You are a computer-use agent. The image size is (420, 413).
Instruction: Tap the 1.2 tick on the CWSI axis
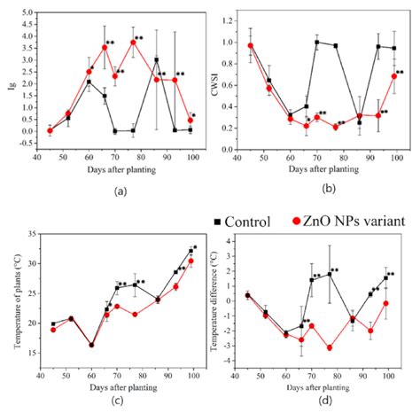[x=233, y=18]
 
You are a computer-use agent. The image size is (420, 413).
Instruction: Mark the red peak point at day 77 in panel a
[x=134, y=43]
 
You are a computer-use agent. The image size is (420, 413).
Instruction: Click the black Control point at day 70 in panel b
[x=317, y=42]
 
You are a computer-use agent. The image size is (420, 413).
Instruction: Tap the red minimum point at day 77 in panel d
[x=330, y=347]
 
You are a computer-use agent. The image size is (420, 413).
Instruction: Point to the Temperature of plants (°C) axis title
[x=12, y=300]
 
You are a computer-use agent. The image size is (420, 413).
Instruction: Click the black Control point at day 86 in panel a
[x=157, y=60]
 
